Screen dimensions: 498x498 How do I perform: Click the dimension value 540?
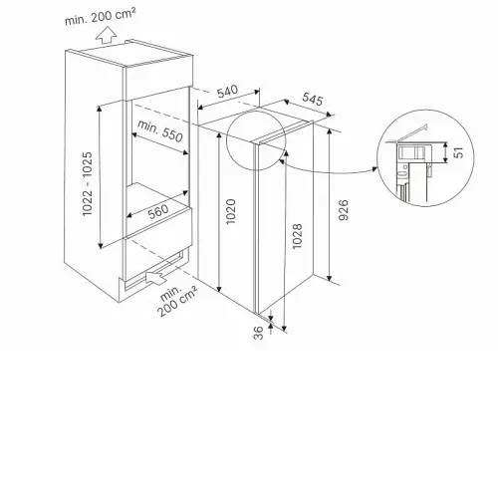(228, 92)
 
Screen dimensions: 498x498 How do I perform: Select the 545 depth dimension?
(313, 99)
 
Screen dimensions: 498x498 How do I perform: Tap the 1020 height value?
(230, 211)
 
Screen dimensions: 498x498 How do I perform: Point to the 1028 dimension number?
(297, 236)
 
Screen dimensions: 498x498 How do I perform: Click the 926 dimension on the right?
(344, 210)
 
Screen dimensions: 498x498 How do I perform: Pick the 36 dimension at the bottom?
(258, 333)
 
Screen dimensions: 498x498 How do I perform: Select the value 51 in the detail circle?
(458, 152)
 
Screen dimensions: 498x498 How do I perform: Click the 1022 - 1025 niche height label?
(88, 183)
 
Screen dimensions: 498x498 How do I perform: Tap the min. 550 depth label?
(160, 130)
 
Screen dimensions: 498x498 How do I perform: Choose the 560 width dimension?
(158, 212)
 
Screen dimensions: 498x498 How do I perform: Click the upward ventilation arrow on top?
(106, 35)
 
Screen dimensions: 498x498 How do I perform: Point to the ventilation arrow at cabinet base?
(156, 277)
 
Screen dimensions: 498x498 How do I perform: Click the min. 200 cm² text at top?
(101, 17)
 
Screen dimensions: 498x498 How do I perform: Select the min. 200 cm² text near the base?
(176, 301)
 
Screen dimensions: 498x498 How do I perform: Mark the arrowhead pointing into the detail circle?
(374, 169)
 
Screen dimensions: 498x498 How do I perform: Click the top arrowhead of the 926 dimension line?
(329, 131)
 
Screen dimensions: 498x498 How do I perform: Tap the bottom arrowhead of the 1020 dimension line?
(219, 288)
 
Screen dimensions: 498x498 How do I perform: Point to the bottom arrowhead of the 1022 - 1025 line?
(100, 245)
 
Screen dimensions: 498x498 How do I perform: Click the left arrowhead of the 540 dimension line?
(200, 107)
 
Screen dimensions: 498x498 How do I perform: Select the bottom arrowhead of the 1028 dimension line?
(284, 328)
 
